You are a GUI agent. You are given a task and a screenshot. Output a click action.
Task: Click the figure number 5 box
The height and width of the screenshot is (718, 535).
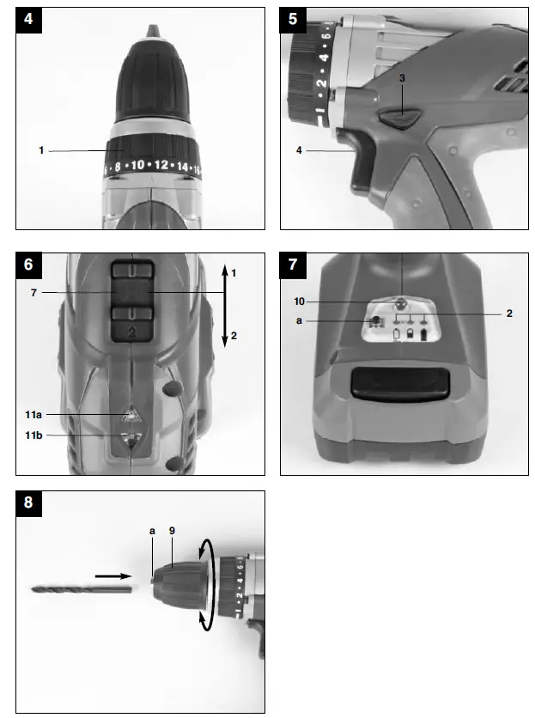pos(295,21)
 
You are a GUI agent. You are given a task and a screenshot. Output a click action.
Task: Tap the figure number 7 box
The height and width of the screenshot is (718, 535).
pos(295,266)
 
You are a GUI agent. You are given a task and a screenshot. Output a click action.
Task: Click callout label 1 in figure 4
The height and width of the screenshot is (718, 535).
pos(41,150)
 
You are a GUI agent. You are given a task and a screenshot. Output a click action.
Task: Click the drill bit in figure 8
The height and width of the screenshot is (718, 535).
pos(82,589)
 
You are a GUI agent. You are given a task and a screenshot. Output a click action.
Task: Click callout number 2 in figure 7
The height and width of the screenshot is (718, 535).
pos(509,314)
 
